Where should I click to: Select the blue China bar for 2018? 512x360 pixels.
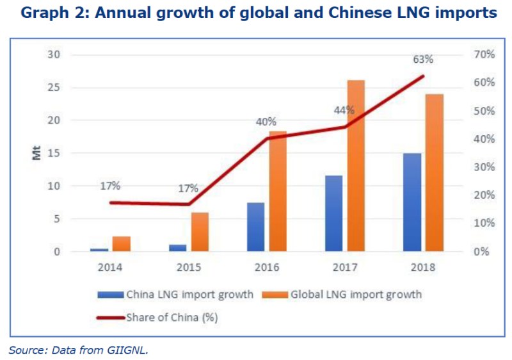click(x=412, y=202)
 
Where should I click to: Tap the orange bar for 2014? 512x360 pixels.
click(x=122, y=243)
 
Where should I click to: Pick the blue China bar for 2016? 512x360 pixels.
click(x=255, y=227)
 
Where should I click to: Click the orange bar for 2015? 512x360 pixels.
click(x=200, y=232)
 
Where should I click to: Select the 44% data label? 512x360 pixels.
click(x=344, y=110)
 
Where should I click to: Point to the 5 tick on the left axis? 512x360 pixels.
click(x=57, y=219)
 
